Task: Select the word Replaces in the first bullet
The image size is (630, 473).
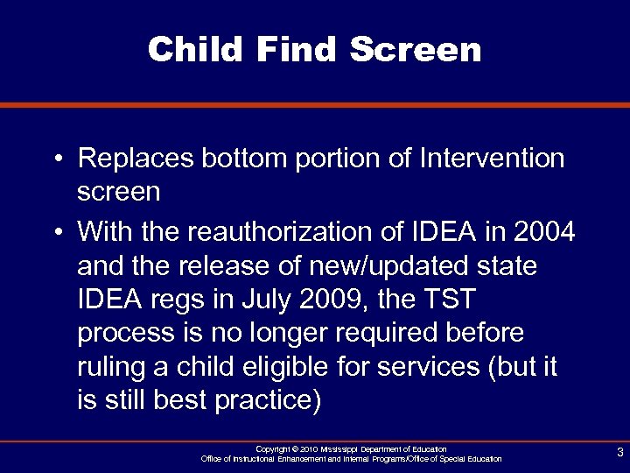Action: coord(135,159)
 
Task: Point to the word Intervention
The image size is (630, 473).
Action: coord(493,159)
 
